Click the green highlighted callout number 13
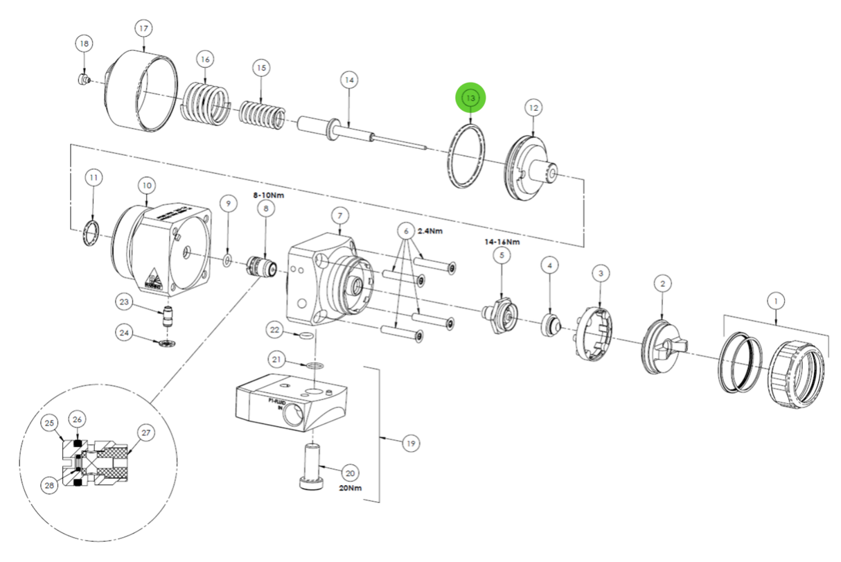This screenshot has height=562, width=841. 470,98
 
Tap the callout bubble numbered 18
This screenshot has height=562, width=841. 85,44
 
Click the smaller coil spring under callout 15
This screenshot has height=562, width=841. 261,112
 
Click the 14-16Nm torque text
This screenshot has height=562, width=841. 502,242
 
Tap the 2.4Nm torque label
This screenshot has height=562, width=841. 431,231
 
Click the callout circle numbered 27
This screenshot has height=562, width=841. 145,432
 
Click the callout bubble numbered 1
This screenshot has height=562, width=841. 776,301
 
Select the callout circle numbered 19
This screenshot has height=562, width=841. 411,444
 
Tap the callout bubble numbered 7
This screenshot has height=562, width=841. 339,216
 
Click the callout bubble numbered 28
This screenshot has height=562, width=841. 49,486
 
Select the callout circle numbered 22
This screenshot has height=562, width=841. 274,331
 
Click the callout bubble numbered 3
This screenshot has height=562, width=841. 601,274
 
